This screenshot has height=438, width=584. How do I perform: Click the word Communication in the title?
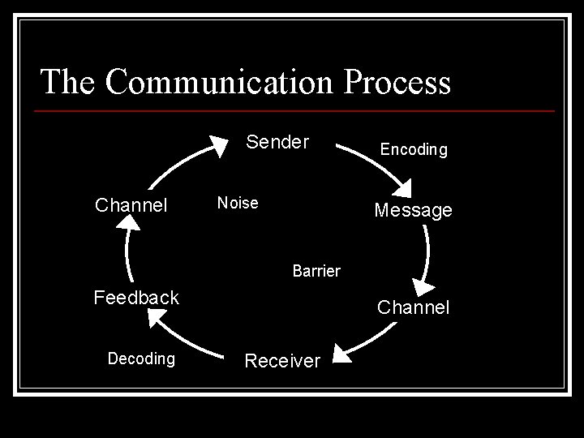[217, 82]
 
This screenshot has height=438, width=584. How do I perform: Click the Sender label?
[277, 143]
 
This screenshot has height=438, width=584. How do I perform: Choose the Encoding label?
[414, 150]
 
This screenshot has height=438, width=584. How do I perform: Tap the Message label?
[413, 211]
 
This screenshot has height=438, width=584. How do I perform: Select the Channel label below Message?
[413, 308]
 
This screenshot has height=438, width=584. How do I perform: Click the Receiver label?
[282, 361]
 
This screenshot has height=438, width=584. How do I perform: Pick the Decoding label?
[141, 359]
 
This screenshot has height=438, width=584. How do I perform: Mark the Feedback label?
[136, 298]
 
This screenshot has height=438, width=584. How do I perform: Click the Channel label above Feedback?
[131, 205]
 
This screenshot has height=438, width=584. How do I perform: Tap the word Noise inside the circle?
[238, 203]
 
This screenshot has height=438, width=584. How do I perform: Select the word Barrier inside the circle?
[316, 270]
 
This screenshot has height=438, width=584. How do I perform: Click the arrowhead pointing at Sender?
[217, 145]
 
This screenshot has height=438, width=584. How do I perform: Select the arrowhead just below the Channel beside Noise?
[131, 223]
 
